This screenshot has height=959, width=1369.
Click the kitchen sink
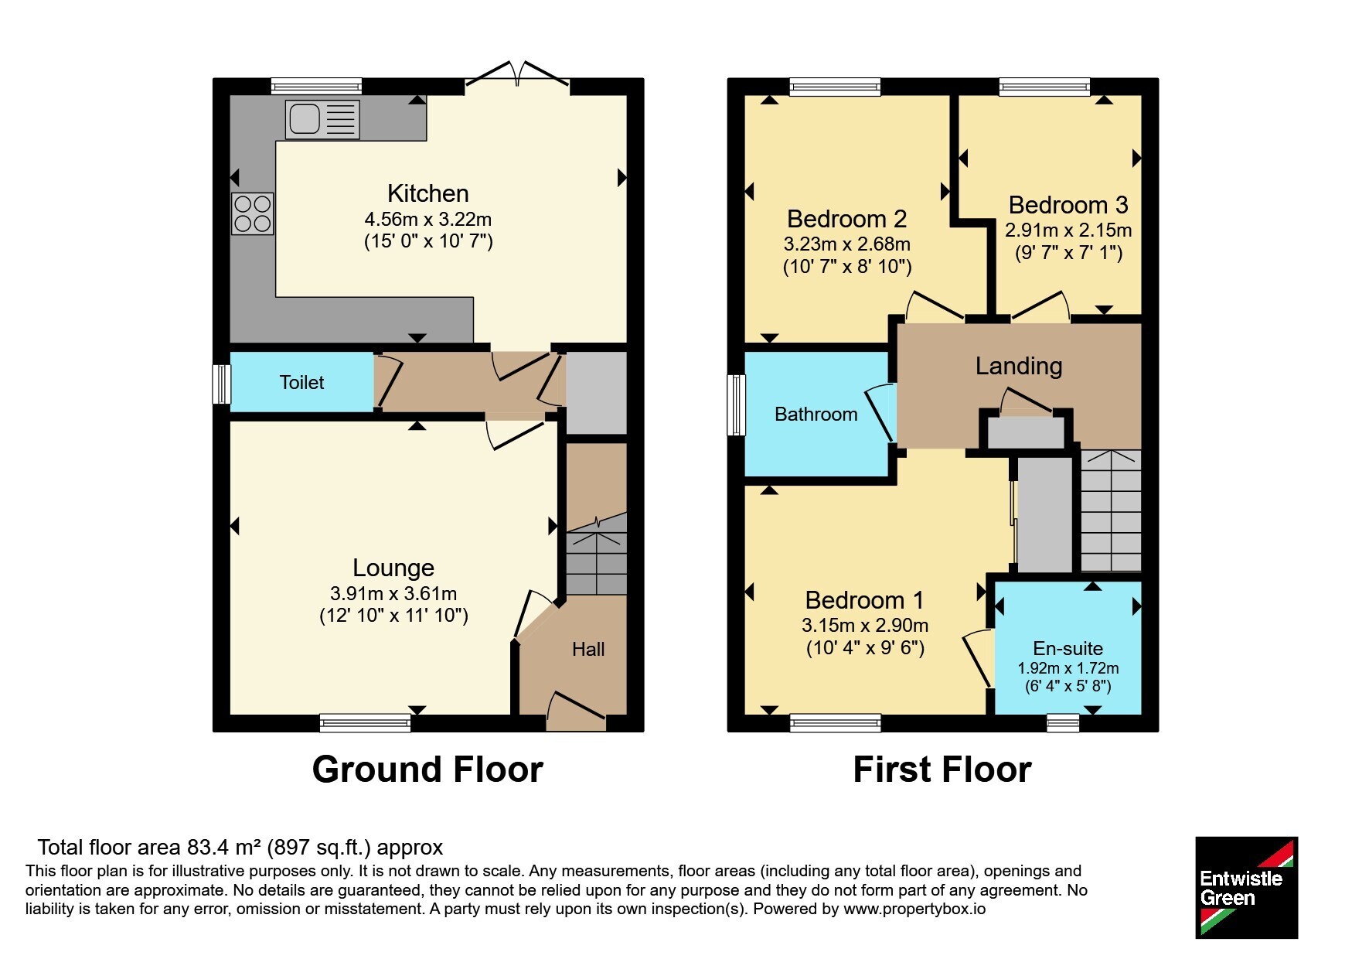tap(322, 120)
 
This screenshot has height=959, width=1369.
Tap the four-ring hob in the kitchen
tap(253, 213)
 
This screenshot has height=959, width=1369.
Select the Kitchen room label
tap(428, 193)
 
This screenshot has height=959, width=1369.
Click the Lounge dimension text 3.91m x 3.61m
tap(393, 594)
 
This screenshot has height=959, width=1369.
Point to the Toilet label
tap(302, 382)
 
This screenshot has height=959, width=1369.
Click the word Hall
tap(588, 649)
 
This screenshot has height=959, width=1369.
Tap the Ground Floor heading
tap(427, 770)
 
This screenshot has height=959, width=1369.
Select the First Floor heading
tap(942, 770)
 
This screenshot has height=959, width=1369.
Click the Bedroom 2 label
tap(847, 219)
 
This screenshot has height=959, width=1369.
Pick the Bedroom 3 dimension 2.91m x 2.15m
tap(1068, 230)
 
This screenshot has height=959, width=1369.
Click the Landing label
tap(1019, 366)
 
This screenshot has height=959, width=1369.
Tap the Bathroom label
tap(816, 415)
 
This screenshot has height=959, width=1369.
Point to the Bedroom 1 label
tap(865, 600)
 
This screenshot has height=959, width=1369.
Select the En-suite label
tap(1068, 649)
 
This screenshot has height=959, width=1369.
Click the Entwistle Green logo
tap(1246, 888)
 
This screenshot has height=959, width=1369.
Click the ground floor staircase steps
tap(597, 561)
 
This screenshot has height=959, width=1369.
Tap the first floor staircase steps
tap(1111, 511)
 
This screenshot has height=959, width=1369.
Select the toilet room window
tap(222, 384)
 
